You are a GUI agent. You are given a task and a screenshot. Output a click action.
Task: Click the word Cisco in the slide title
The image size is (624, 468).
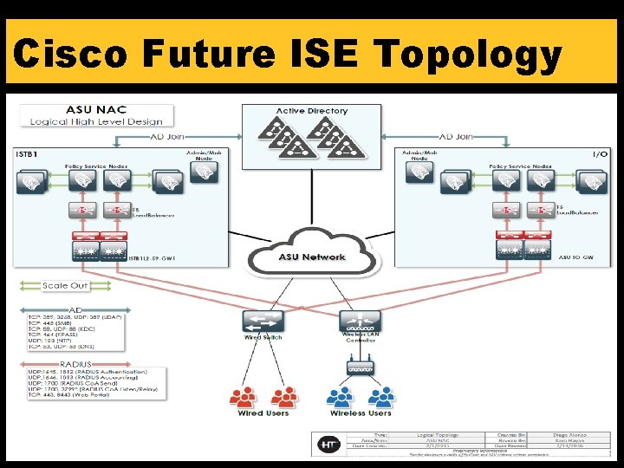click(x=71, y=55)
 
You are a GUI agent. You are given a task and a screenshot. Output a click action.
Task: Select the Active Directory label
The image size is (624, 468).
click(x=311, y=111)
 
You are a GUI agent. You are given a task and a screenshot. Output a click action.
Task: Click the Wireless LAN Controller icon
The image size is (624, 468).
click(x=359, y=321)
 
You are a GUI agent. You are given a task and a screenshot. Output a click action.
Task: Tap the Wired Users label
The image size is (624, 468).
click(x=263, y=413)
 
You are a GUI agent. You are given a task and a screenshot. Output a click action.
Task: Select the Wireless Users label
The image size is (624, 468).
click(x=360, y=413)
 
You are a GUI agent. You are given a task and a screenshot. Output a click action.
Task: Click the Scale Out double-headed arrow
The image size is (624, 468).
click(x=65, y=286)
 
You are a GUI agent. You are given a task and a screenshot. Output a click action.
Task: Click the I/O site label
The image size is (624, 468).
click(x=600, y=153)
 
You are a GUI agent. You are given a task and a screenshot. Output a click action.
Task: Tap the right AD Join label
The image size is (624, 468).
click(x=456, y=136)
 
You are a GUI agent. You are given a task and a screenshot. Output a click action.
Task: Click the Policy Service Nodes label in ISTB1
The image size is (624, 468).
click(x=96, y=165)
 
